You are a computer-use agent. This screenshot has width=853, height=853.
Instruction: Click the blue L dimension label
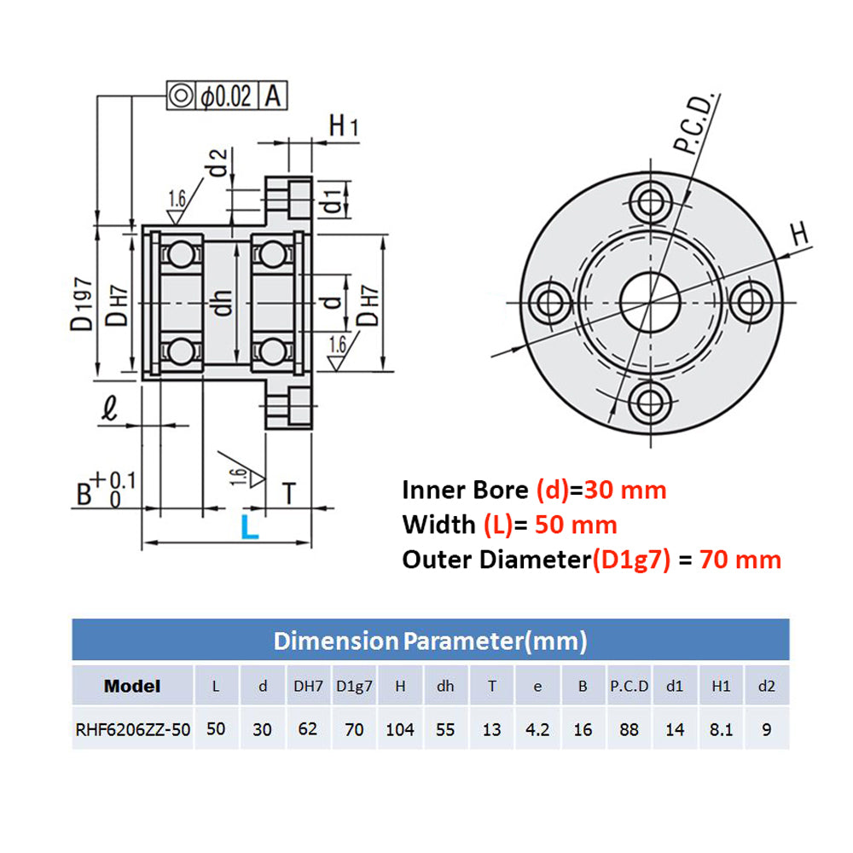[248, 525]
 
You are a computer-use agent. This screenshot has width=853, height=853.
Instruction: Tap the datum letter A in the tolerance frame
[273, 96]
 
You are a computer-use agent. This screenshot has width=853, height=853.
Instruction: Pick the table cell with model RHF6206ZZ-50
[133, 729]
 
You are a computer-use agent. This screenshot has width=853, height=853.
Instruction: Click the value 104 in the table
[399, 729]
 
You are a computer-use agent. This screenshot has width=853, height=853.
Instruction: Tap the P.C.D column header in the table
[630, 686]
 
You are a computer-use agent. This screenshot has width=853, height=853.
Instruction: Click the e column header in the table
[537, 686]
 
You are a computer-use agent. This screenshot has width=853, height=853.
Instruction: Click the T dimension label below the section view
[289, 492]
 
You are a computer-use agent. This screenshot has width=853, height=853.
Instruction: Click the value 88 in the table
[630, 729]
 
